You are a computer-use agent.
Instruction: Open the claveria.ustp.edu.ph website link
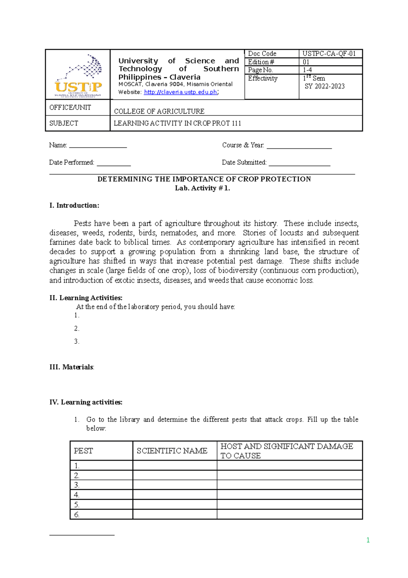coord(181,92)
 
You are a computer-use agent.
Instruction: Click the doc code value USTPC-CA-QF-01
coord(329,54)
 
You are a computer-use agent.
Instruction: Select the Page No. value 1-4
coord(307,70)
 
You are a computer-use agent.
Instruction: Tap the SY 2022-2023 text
coord(324,86)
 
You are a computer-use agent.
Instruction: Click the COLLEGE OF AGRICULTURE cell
coord(159,111)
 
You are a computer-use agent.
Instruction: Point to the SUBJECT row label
coord(64,123)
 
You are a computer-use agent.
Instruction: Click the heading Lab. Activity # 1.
coord(202,188)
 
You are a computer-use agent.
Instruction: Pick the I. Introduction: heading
coord(74,206)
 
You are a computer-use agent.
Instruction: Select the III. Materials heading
coord(71,367)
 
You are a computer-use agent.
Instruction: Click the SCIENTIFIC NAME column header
coord(172,451)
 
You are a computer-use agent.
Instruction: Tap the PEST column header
coord(83,451)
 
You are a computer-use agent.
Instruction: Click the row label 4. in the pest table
coord(77,495)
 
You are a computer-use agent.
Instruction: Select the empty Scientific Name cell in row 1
coord(175,466)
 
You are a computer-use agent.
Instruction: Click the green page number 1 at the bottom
coord(368,540)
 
